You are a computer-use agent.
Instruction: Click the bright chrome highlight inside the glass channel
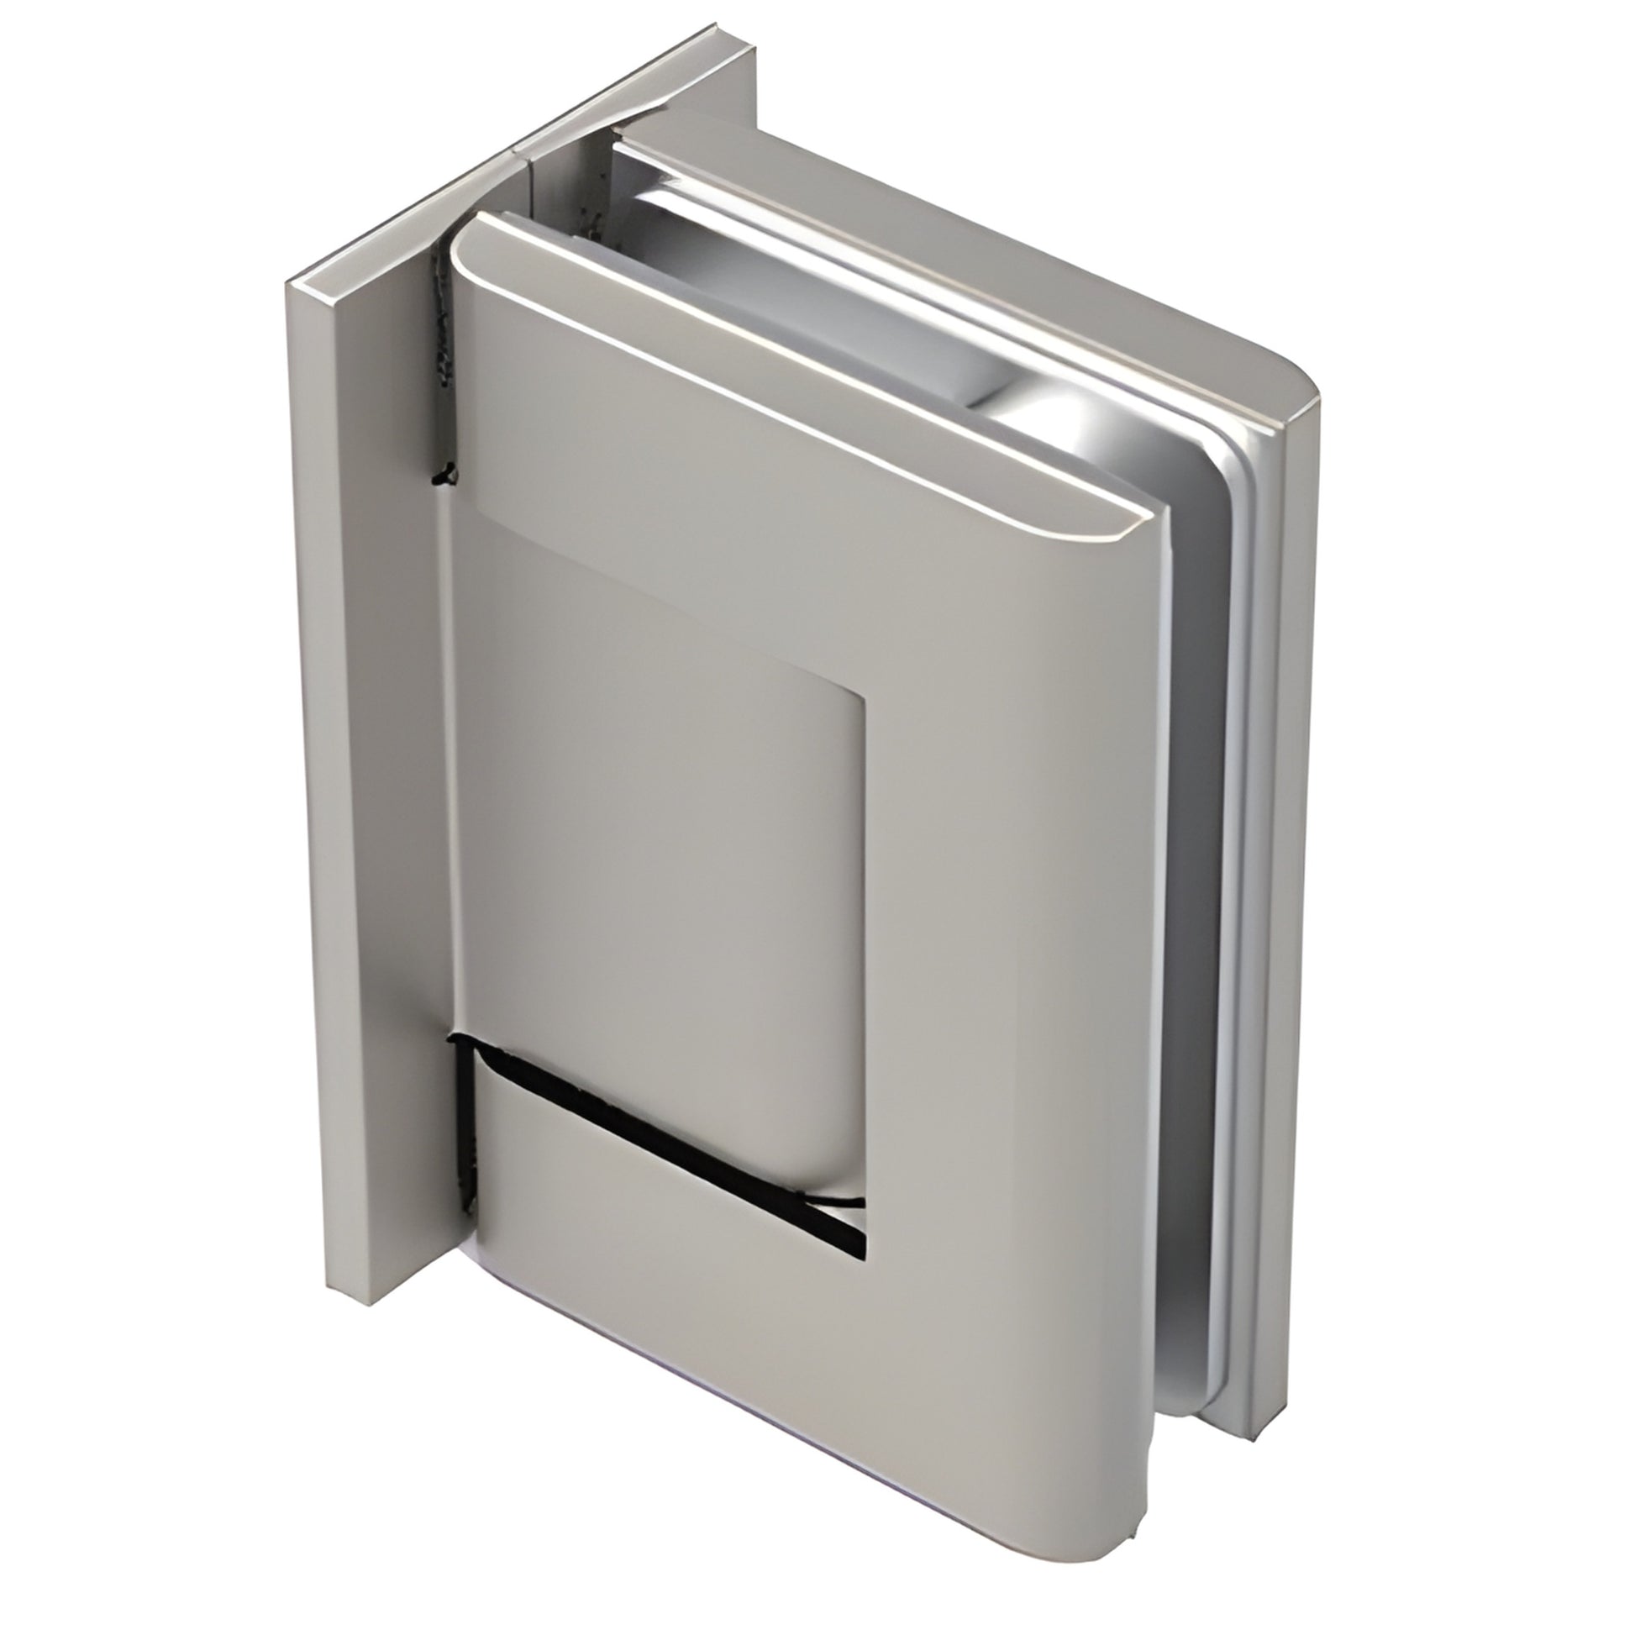[1049, 423]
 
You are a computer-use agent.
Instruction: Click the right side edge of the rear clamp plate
[1299, 846]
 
